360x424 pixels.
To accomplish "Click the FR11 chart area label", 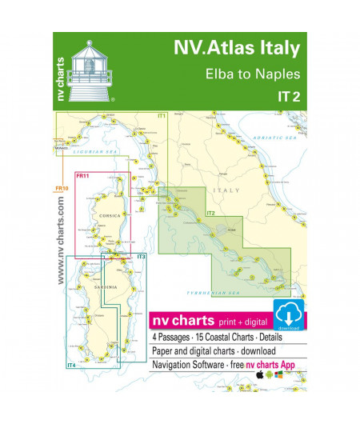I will tap(82, 176).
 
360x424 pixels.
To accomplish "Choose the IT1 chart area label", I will tap(161, 117).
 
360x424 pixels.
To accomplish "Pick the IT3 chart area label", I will tap(141, 256).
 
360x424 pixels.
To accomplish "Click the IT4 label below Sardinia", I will tap(72, 365).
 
